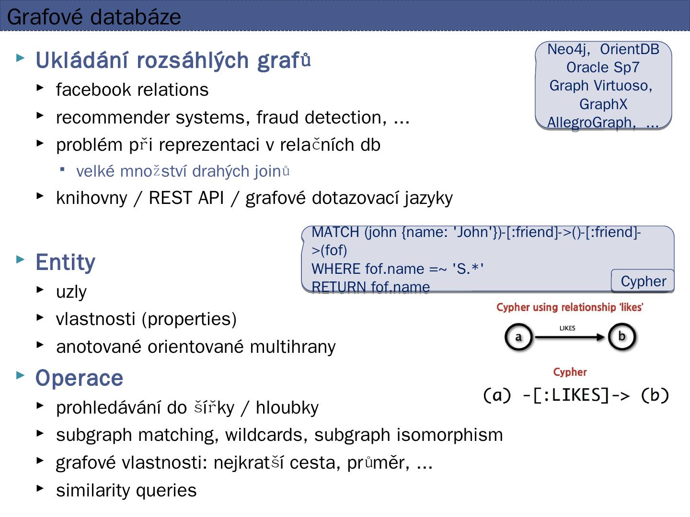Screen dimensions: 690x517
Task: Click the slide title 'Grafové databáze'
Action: pyautogui.click(x=94, y=17)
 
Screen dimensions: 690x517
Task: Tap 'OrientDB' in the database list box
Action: pyautogui.click(x=629, y=49)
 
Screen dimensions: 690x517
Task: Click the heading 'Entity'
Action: pyautogui.click(x=65, y=262)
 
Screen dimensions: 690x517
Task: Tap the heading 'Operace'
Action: pyautogui.click(x=79, y=378)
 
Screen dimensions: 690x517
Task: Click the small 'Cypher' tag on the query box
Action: pyautogui.click(x=643, y=281)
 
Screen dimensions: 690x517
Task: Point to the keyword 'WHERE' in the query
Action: pyautogui.click(x=336, y=269)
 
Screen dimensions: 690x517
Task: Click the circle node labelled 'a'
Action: pyautogui.click(x=518, y=337)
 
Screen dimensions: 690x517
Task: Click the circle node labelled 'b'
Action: pyautogui.click(x=621, y=337)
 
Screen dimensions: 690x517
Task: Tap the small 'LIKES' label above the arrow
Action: pyautogui.click(x=567, y=328)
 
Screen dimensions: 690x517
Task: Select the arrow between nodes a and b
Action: pyautogui.click(x=570, y=337)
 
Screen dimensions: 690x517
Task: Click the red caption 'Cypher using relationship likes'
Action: pyautogui.click(x=569, y=307)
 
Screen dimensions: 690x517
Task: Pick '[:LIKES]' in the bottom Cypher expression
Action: pyautogui.click(x=570, y=395)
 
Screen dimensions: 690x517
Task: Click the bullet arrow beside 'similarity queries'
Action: pyautogui.click(x=40, y=488)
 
